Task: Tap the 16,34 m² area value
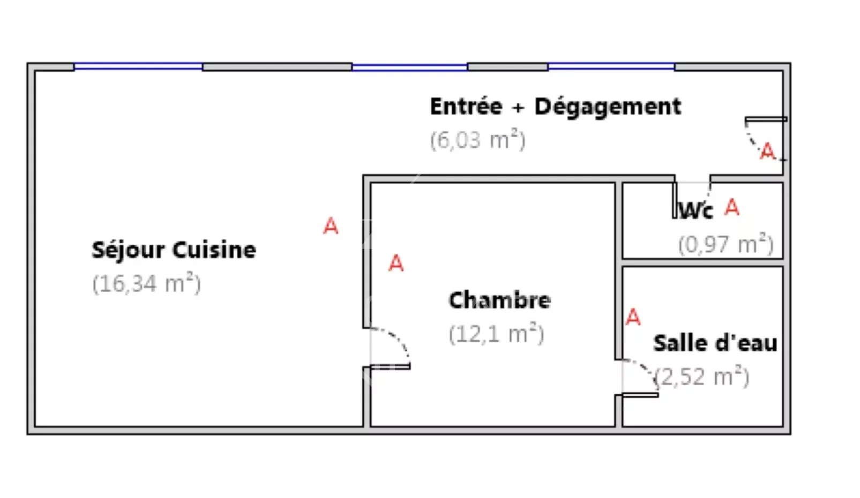147,283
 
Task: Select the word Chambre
500,300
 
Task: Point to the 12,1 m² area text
497,334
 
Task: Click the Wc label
696,210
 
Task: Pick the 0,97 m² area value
726,244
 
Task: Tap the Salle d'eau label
715,343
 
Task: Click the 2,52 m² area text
702,377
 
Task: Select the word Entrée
466,106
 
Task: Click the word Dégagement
608,107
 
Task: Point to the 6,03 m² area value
477,140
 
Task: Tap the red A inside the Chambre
396,263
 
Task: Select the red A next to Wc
732,207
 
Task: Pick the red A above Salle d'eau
633,318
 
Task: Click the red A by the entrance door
768,151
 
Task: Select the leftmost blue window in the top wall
138,67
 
